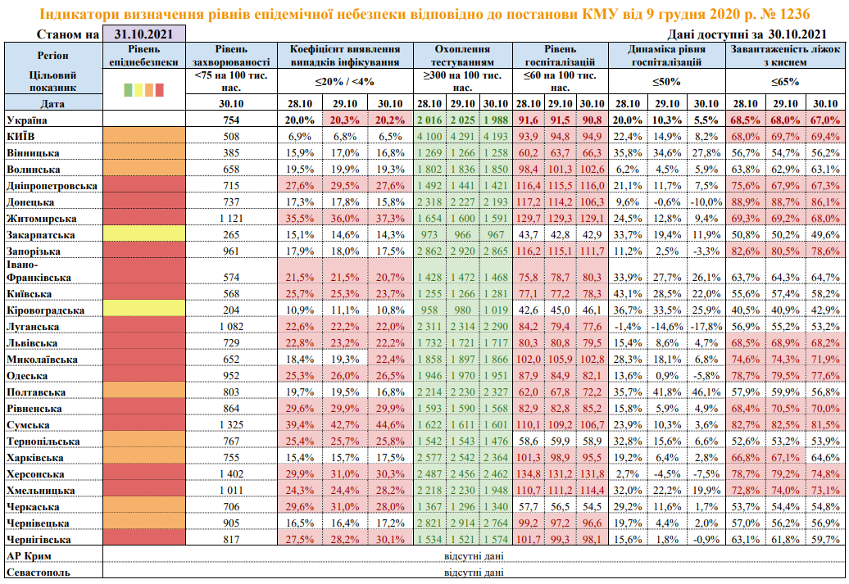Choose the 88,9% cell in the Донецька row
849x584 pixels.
click(x=746, y=201)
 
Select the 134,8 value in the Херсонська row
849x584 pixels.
click(x=528, y=474)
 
